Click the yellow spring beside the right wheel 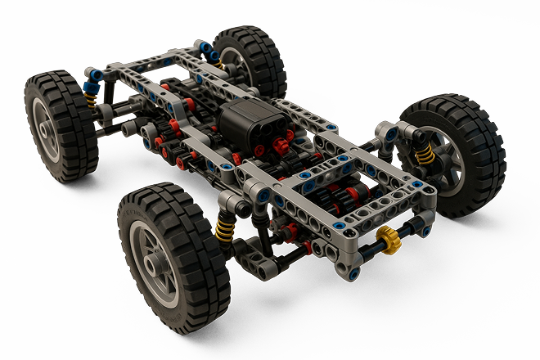424,155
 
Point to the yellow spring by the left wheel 92,99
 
